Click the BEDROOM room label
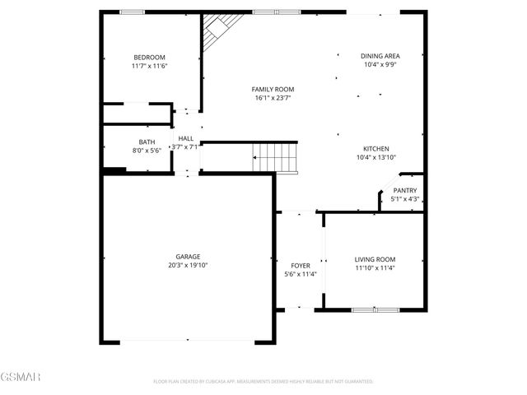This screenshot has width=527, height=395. click(x=150, y=57)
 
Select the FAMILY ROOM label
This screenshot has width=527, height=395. click(x=273, y=89)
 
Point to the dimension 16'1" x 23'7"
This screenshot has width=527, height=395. click(x=273, y=98)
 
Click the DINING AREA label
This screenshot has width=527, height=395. click(x=380, y=56)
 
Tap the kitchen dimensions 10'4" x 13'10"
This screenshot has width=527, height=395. click(x=376, y=157)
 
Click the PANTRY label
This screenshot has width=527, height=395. click(x=404, y=190)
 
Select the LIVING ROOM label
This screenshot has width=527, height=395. click(x=375, y=258)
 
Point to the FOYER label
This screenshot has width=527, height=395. click(x=301, y=266)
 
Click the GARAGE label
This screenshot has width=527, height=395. click(x=188, y=257)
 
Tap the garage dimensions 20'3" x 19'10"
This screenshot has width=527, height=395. click(x=188, y=265)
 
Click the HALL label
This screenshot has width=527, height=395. click(x=186, y=138)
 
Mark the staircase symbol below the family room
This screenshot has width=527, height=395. click(x=273, y=156)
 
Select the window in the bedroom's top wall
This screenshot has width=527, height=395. click(x=132, y=12)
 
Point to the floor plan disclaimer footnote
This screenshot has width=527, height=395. click(x=263, y=382)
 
